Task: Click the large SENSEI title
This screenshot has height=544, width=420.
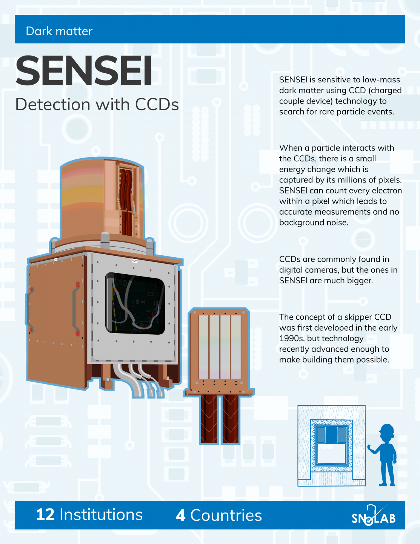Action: coord(84,71)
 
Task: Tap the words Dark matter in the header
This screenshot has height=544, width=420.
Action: coord(59,31)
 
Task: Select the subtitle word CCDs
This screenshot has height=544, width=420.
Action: coord(157,105)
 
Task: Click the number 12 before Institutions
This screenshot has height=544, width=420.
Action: coord(45,515)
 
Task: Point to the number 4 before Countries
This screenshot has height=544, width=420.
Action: coord(181,515)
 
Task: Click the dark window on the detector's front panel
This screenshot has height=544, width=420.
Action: coord(135,303)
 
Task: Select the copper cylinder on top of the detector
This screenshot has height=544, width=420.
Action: coord(102,200)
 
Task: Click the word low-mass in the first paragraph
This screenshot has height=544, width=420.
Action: coord(381,80)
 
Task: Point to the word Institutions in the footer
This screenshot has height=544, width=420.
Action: coord(101,515)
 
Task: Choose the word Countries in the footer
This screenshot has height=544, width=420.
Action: coord(226,515)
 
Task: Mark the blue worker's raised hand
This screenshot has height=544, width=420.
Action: coord(370,448)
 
